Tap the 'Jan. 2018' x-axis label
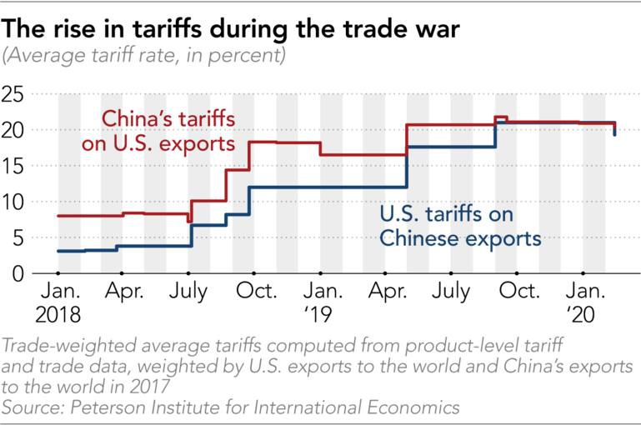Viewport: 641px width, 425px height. [58, 303]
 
